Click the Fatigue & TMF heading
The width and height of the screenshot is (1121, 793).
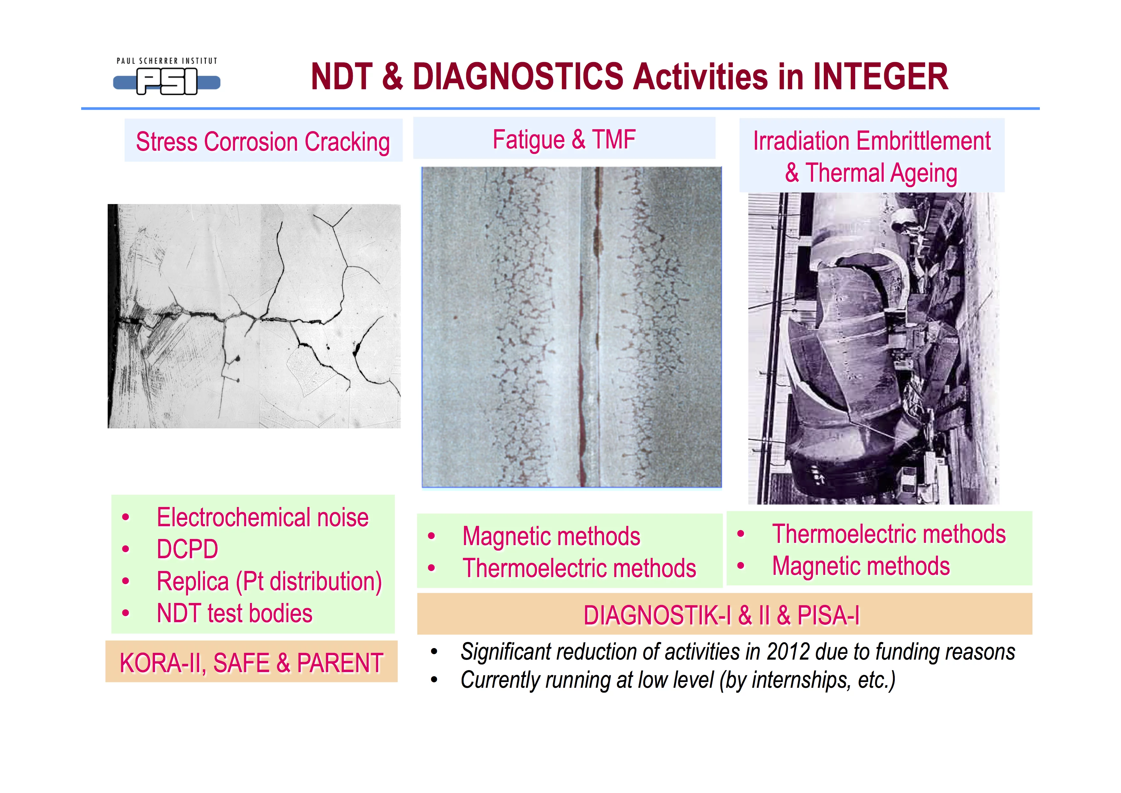point(564,139)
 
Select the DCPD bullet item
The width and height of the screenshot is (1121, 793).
point(188,549)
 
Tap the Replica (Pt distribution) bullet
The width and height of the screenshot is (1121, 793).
point(269,582)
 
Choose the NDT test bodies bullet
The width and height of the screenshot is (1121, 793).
point(234,613)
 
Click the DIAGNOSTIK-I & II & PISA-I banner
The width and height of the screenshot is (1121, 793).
point(722,615)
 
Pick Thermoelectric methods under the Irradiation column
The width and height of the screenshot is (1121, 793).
point(889,534)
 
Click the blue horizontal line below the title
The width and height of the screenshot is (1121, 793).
point(560,108)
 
